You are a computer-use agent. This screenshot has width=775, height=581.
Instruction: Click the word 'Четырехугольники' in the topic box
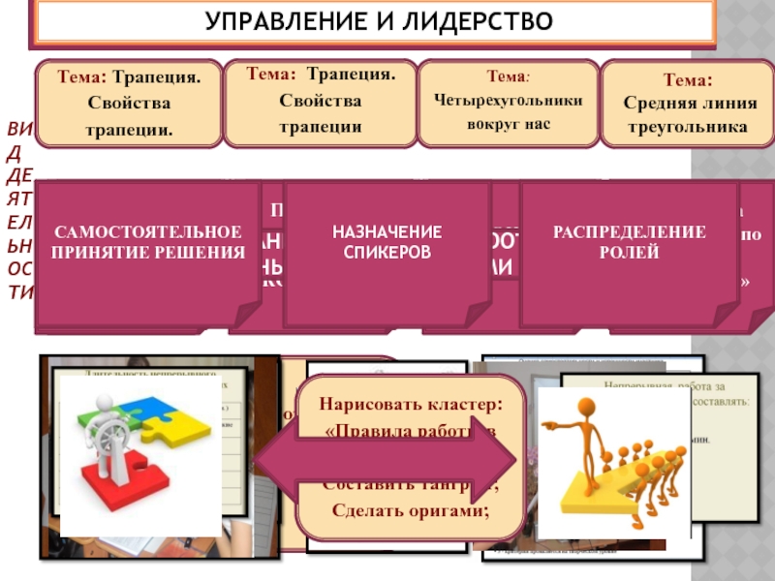510,100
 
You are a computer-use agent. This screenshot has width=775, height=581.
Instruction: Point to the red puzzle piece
111,478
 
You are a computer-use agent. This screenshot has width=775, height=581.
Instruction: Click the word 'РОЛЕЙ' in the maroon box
630,253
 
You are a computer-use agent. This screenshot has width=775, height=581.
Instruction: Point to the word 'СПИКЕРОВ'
387,253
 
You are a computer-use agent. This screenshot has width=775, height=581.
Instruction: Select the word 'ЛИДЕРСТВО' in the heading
473,21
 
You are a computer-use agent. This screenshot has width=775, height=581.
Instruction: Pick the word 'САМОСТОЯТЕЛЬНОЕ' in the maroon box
148,231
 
